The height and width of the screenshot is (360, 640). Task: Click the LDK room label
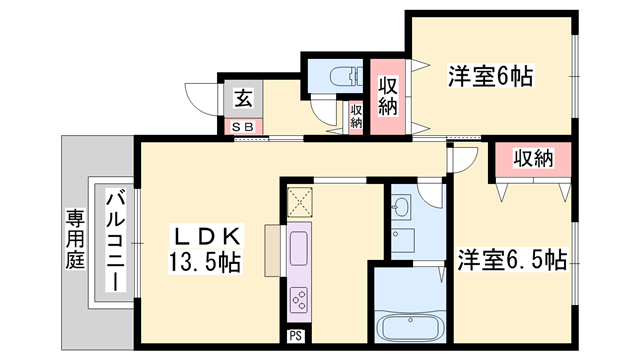(206, 236)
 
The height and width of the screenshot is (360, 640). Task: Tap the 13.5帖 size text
(204, 261)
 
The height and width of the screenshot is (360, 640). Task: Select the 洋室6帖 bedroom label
(491, 76)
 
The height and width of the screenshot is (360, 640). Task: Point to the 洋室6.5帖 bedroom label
(512, 260)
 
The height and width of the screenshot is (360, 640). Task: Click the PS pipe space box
(296, 336)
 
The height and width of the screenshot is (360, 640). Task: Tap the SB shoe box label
(243, 127)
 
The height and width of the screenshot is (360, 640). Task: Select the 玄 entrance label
(243, 98)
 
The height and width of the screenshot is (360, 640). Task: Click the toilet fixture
(346, 76)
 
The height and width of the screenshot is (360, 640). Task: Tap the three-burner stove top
(299, 300)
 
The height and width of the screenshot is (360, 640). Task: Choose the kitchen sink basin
(299, 248)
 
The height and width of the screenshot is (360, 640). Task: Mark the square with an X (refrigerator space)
(300, 202)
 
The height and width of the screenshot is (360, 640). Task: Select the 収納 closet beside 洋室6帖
(388, 97)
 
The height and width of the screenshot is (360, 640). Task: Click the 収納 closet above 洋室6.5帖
(533, 159)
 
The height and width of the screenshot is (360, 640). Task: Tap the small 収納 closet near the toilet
(356, 116)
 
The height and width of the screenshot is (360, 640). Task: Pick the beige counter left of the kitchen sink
(273, 250)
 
